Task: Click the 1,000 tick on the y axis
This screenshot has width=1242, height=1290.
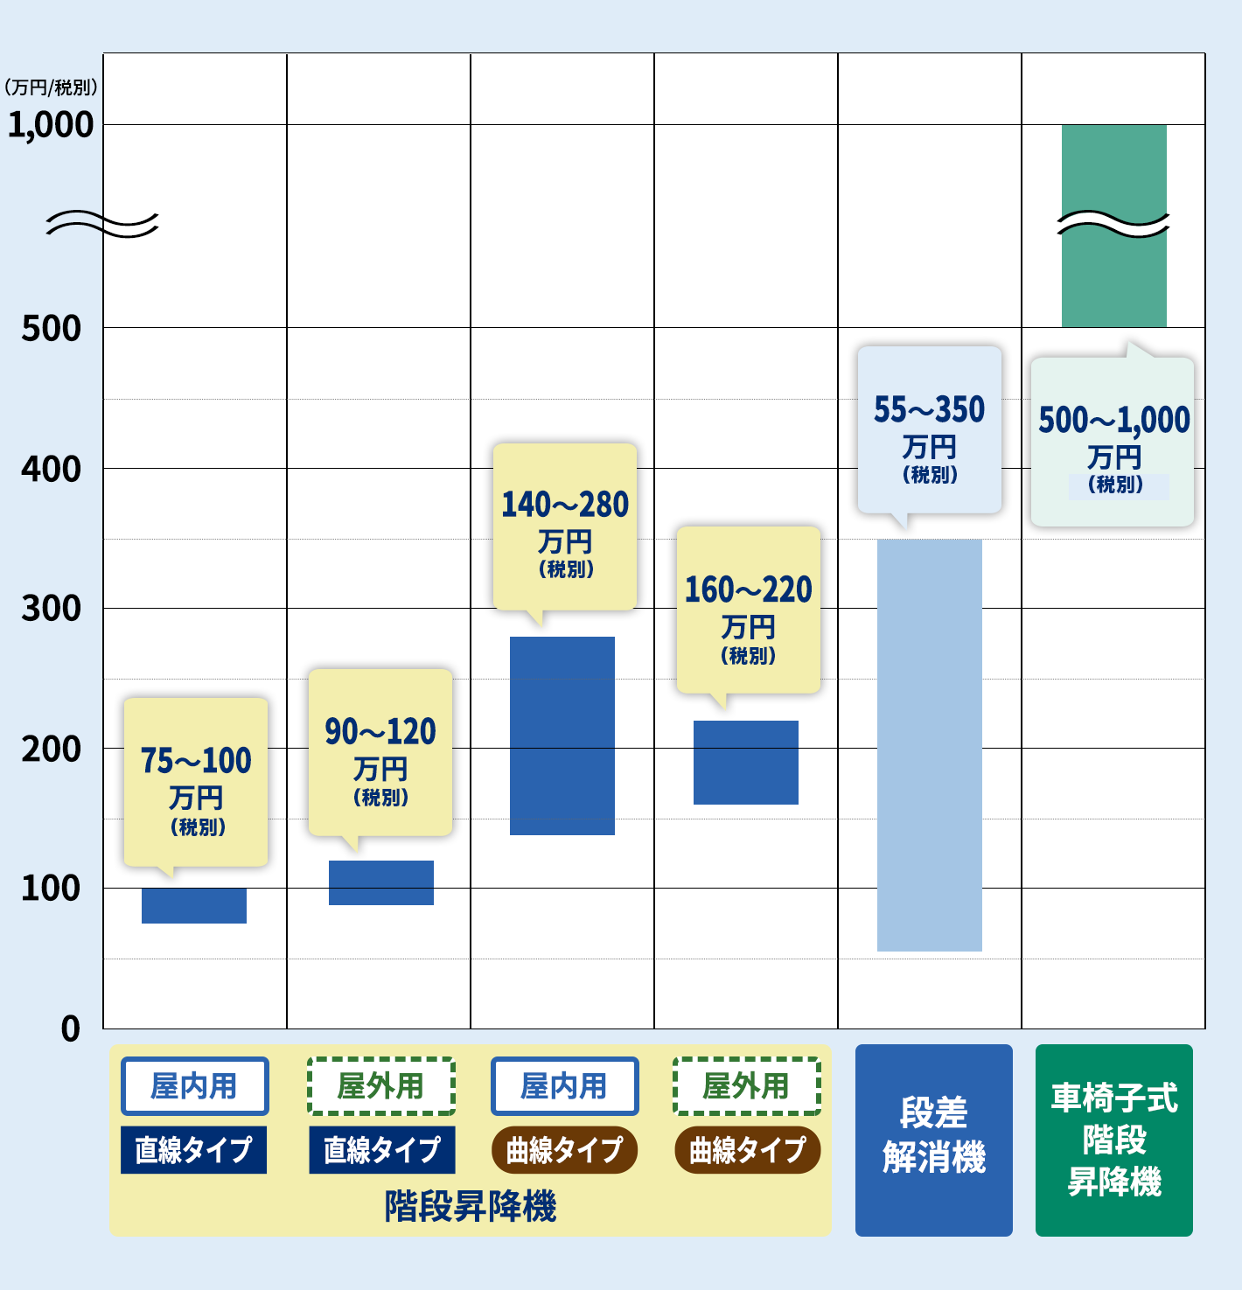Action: pos(51,125)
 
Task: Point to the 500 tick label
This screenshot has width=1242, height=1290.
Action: pos(52,329)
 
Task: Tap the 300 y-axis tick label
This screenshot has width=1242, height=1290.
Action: pos(52,609)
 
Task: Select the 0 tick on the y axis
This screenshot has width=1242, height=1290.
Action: pos(71,1029)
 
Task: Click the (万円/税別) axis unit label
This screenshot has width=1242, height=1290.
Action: pos(51,87)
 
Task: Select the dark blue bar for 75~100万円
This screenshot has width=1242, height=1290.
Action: pos(194,905)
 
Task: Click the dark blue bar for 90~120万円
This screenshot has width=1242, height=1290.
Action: pos(381,882)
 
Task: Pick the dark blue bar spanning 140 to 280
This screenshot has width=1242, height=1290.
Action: pos(562,736)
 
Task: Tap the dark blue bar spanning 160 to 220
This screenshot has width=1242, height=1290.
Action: pos(746,763)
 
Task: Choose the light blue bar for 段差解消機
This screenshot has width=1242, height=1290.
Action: pos(930,745)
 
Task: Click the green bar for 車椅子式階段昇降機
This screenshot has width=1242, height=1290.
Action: pos(1114,226)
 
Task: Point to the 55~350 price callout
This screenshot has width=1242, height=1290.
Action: pos(930,429)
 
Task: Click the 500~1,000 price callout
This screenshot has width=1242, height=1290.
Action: pos(1113,442)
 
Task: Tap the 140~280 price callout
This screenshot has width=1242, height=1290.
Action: pos(565,526)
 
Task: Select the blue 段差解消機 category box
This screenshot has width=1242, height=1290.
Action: pos(934,1140)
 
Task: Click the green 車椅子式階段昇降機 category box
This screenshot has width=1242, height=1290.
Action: pos(1114,1140)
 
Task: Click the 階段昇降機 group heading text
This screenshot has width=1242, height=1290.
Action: pos(471,1206)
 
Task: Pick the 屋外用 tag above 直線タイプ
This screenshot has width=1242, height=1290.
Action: pos(381,1086)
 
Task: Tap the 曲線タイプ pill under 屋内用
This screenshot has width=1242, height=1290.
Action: pos(564,1150)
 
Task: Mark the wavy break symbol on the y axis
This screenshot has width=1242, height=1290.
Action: pos(102,225)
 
